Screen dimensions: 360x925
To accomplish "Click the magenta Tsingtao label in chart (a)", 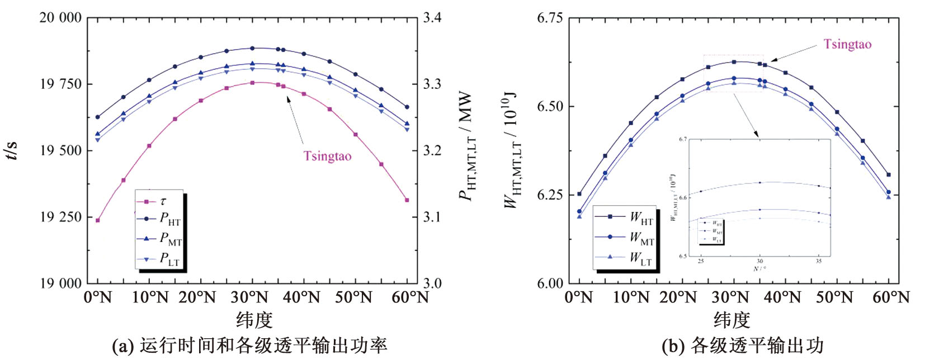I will tap(327, 156).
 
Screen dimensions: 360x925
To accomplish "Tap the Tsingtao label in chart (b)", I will tap(847, 45).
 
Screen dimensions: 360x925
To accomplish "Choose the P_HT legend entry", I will tap(169, 219).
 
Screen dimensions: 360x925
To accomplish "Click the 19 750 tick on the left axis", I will tap(60, 84).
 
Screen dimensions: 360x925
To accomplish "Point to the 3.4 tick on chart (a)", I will tap(432, 18).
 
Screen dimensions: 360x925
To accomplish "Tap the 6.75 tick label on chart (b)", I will tap(550, 18).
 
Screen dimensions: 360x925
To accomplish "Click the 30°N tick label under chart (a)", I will tap(251, 297).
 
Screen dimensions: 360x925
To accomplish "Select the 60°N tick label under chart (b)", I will tap(891, 297).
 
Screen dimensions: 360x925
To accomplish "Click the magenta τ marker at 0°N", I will tap(98, 220).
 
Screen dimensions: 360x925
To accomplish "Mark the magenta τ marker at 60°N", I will tap(407, 200).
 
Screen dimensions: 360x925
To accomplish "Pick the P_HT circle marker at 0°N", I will tap(98, 117).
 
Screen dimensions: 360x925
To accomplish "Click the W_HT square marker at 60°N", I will tap(889, 175).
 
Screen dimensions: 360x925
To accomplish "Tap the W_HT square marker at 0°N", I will tap(579, 194).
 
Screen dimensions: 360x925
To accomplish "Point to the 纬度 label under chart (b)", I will tap(731, 320).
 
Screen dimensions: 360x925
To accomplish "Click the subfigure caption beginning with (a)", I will tap(249, 345).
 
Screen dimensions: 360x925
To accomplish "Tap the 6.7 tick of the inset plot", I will tap(683, 139).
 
